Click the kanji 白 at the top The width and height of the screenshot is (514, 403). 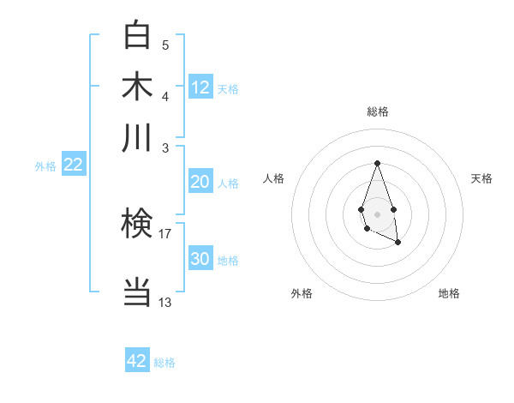[x=137, y=35]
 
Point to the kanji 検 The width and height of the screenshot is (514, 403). [x=137, y=225]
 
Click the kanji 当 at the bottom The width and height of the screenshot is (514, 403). [x=137, y=292]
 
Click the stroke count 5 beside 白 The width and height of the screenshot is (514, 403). [x=165, y=45]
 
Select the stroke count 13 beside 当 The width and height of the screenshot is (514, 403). [x=165, y=302]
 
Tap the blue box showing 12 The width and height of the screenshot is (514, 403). [x=200, y=87]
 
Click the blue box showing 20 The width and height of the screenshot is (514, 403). [x=200, y=182]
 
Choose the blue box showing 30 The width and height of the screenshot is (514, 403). [x=200, y=259]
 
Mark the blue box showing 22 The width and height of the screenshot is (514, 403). [x=73, y=165]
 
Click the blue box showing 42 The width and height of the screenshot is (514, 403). [x=137, y=361]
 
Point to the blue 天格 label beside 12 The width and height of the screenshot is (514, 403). [x=228, y=89]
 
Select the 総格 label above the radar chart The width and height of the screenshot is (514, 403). [x=377, y=111]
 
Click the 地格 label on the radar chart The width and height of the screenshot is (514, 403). [x=449, y=293]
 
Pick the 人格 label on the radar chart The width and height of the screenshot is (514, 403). [x=274, y=178]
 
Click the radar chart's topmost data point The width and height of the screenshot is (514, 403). [x=377, y=163]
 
